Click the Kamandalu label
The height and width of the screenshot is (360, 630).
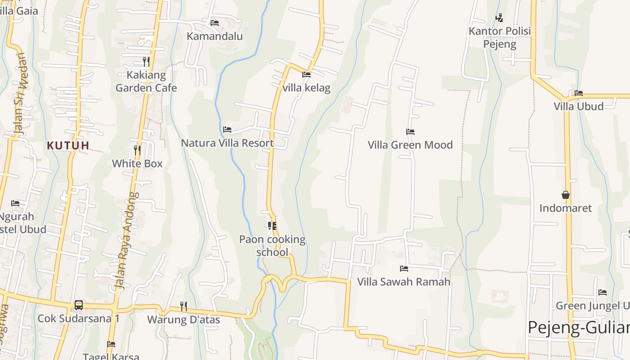[x=215, y=36]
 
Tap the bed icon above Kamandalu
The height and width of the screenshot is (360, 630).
[x=215, y=22]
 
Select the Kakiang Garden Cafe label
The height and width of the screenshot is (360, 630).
[x=146, y=81]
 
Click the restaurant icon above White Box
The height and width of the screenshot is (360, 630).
[x=137, y=150]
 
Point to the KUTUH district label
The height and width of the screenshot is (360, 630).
[x=68, y=145]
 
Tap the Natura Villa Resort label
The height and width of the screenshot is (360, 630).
[x=227, y=143]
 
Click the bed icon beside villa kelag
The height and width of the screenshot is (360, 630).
[x=306, y=74]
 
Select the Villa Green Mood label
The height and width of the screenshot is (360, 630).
[x=410, y=145]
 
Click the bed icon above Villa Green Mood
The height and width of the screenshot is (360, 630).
[x=410, y=132]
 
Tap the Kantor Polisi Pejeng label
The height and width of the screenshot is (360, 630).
[x=499, y=37]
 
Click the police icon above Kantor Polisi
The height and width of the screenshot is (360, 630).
[x=499, y=18]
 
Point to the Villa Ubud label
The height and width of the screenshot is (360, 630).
[x=578, y=106]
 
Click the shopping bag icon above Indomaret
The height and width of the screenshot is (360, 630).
[x=566, y=195]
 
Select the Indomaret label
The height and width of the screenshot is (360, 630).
[x=566, y=208]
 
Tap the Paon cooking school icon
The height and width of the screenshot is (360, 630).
[x=272, y=225]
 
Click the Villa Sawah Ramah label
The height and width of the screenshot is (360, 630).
[x=404, y=282]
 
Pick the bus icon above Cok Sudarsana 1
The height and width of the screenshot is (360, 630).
[x=78, y=305]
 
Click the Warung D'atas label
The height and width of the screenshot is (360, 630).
[x=184, y=319]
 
